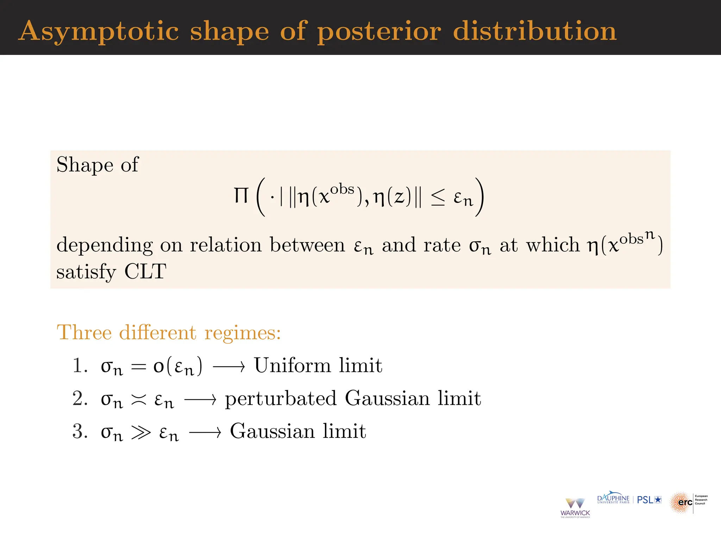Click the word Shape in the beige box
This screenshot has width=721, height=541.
(x=84, y=165)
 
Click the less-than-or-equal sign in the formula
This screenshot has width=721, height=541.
(x=438, y=197)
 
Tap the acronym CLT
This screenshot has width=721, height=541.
(x=145, y=272)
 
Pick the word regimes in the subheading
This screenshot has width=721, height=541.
(x=243, y=333)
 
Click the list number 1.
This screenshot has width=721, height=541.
(x=79, y=365)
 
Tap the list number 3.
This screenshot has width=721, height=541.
(x=79, y=431)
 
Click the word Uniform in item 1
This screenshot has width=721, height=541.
(x=292, y=365)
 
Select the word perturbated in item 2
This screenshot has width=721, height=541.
(x=281, y=399)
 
